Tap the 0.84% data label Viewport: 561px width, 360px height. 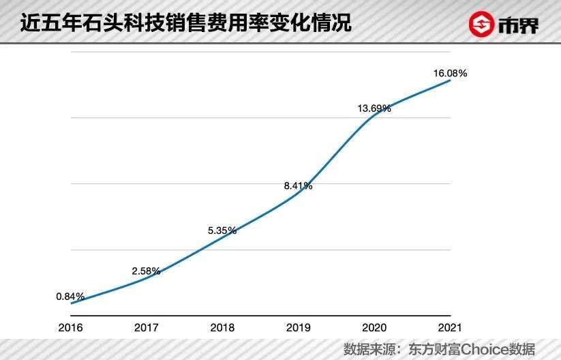pos(70,297)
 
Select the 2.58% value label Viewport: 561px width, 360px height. pos(147,271)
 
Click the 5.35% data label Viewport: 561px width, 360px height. pos(222,230)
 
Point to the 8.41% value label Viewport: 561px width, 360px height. pos(299,185)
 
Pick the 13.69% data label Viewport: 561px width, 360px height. pos(374,108)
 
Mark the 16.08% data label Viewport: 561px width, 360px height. pos(450,73)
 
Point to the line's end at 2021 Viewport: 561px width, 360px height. pos(450,80)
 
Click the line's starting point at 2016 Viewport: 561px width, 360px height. pos(71,303)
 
